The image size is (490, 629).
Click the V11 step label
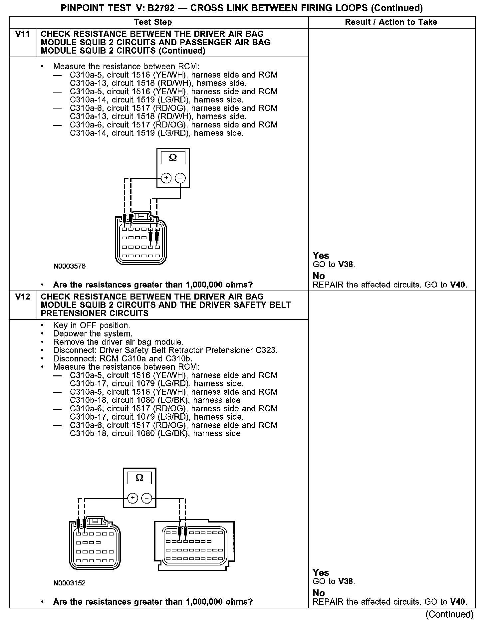[23, 34]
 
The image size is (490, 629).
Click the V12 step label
[23, 297]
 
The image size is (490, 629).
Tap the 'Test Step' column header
[153, 22]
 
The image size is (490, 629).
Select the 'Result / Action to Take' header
[391, 22]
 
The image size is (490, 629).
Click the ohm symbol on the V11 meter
[173, 158]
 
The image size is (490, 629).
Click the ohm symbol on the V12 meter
[140, 478]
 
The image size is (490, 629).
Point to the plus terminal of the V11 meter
[166, 178]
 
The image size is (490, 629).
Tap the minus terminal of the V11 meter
[180, 178]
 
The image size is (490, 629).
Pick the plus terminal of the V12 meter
[133, 498]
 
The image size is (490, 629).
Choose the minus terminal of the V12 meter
[147, 498]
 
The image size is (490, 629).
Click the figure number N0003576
[70, 266]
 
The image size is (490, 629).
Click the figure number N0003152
[70, 583]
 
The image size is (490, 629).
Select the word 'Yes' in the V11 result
[321, 256]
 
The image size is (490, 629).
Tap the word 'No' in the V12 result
[319, 593]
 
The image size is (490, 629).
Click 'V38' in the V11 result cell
[346, 265]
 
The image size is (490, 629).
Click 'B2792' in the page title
[160, 8]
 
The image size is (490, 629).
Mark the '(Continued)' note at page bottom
[449, 614]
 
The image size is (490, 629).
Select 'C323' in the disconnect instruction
[266, 350]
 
